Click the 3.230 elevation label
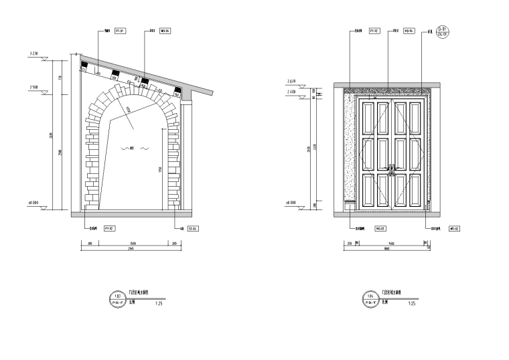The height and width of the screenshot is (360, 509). (x=35, y=54)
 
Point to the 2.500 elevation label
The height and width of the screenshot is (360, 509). (x=34, y=88)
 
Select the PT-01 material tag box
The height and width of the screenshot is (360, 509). (x=121, y=31)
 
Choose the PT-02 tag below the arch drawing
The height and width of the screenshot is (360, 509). (x=109, y=229)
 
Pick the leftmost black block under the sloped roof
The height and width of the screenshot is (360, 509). (x=84, y=68)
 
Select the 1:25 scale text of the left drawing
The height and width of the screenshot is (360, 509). (x=158, y=303)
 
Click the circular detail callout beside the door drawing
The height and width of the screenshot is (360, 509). (x=443, y=31)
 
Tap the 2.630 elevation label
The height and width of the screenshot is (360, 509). (x=291, y=80)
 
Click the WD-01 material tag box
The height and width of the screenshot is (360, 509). (x=378, y=229)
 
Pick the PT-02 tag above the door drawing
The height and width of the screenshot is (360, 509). (x=376, y=31)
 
